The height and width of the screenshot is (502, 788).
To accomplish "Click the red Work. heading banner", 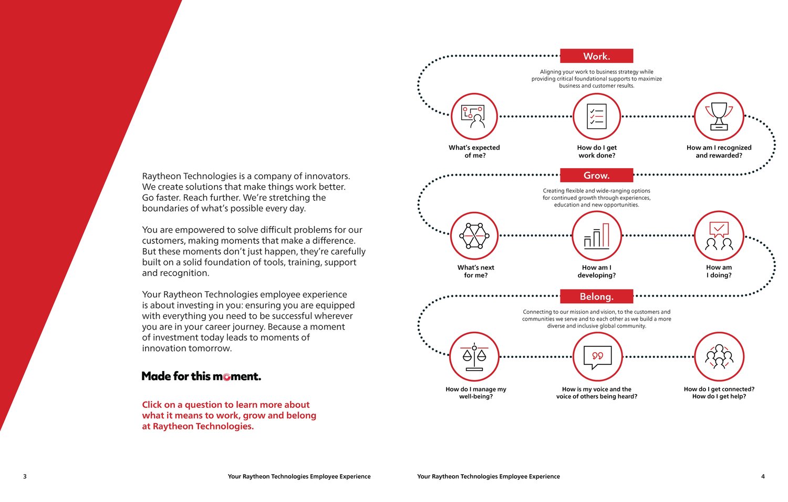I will (596, 56).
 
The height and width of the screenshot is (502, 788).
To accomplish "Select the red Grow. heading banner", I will (596, 175).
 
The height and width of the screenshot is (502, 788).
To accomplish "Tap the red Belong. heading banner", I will (596, 296).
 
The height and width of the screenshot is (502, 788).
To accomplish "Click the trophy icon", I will (719, 117).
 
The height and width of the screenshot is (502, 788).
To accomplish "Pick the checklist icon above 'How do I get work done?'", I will (597, 117).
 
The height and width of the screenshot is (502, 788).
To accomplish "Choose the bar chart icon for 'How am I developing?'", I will (597, 236).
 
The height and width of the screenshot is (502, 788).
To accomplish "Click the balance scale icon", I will (475, 357).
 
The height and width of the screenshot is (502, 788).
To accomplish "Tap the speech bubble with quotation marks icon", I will (597, 357).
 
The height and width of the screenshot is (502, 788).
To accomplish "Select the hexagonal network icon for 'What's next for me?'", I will (475, 236).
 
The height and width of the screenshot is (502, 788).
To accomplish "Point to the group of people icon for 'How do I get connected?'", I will (719, 357).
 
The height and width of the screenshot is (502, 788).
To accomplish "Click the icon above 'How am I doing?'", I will (719, 236).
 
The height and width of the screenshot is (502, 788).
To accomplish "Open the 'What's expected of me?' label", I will (474, 151).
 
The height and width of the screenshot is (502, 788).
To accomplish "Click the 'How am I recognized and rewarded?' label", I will (719, 151).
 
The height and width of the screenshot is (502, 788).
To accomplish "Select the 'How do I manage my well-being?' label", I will (476, 393).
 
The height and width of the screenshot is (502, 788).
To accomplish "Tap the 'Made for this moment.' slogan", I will (201, 376).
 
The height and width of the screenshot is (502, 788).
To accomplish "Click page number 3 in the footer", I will (25, 477).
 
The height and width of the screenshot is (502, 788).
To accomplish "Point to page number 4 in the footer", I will (763, 477).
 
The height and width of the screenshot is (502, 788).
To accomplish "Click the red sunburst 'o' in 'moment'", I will (226, 377).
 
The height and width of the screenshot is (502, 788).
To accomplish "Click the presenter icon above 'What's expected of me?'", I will (475, 117).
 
